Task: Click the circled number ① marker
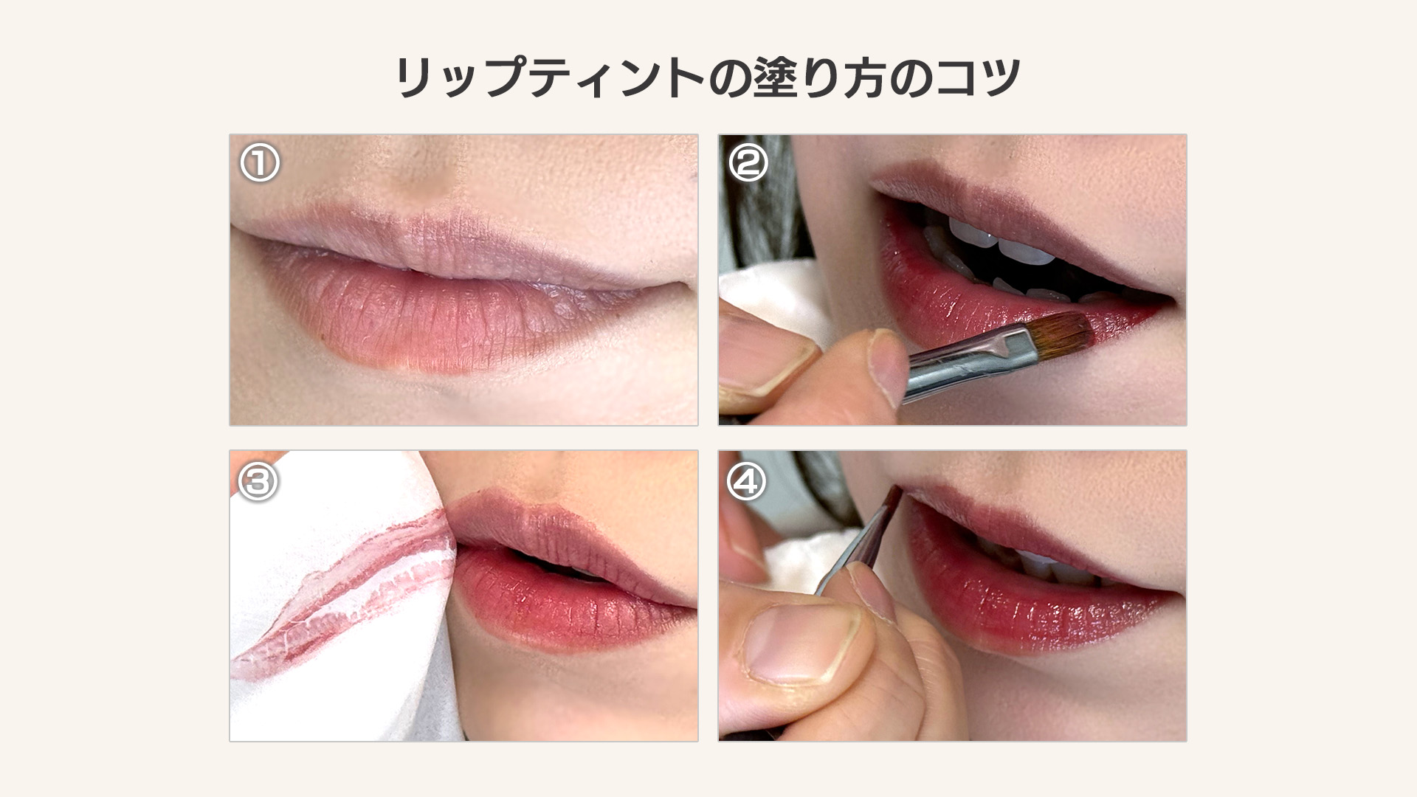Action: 260,163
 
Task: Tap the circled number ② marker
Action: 748,163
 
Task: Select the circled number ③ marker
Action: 258,482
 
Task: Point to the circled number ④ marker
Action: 747,482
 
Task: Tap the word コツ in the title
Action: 978,77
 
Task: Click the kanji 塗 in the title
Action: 778,77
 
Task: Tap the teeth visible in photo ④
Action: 1048,565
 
